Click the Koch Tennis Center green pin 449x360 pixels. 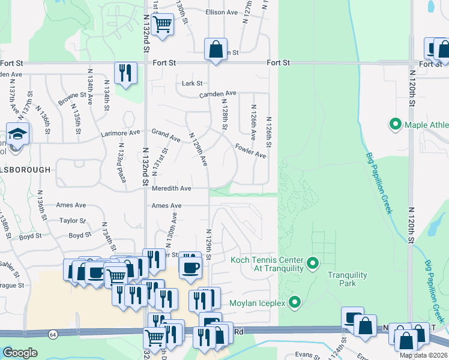pyautogui.click(x=312, y=263)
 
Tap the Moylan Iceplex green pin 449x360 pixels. pyautogui.click(x=294, y=302)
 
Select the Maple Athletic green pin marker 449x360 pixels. pyautogui.click(x=396, y=125)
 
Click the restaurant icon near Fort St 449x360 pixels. pyautogui.click(x=125, y=73)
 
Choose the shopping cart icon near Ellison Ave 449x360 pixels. pyautogui.click(x=162, y=25)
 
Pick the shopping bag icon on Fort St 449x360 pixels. pyautogui.click(x=215, y=49)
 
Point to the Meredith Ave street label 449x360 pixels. pyautogui.click(x=171, y=188)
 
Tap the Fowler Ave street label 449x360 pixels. pyautogui.click(x=250, y=151)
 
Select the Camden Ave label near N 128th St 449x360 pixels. pyautogui.click(x=218, y=94)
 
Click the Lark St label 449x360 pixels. pyautogui.click(x=192, y=83)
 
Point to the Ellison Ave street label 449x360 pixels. pyautogui.click(x=221, y=12)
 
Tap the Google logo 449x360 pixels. pyautogui.click(x=20, y=353)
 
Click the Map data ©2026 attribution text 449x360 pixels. pyautogui.click(x=423, y=355)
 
